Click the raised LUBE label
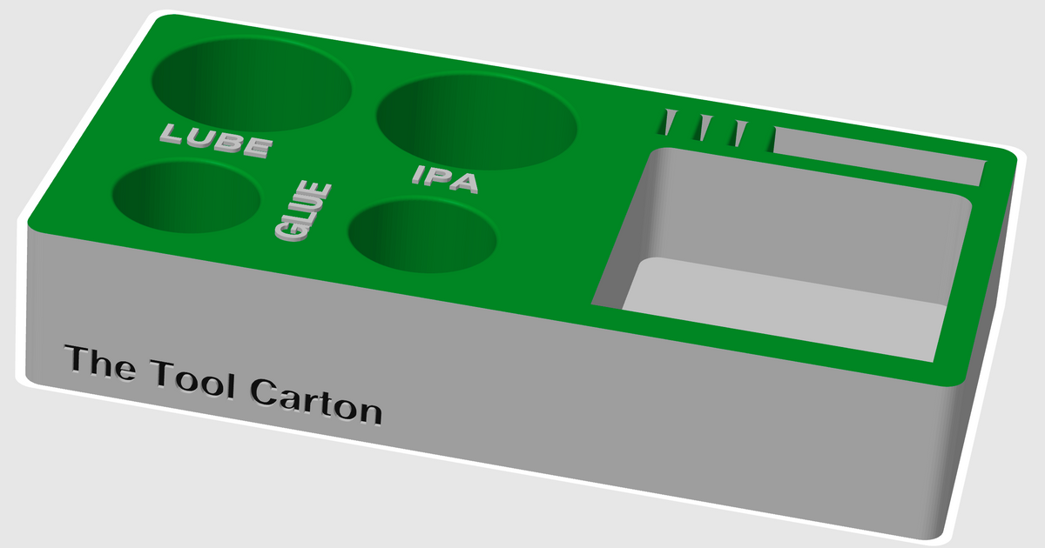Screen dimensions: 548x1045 coord(214,140)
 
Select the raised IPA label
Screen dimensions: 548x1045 coord(446,178)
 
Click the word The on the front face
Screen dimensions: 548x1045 coord(99,363)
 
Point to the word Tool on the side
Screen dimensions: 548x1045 coord(192,379)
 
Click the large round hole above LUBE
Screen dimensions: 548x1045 coord(251,83)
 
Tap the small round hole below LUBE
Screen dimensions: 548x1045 coord(186,197)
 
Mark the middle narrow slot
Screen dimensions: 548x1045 coord(704,128)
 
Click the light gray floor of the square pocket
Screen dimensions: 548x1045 coord(784,304)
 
